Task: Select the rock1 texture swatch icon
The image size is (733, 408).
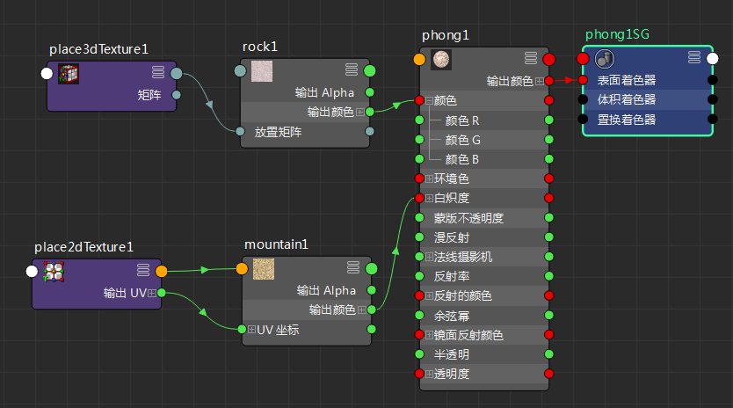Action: coord(262,71)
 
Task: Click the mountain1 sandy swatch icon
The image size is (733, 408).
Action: coord(263,269)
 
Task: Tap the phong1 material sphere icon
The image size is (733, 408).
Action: coord(441,60)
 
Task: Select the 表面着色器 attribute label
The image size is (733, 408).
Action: coord(627,80)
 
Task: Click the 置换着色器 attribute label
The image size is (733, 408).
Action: coord(627,119)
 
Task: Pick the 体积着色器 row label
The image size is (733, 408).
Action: coord(627,99)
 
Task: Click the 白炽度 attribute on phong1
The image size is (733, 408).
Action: coord(452,198)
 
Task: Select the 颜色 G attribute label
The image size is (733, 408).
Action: coord(462,140)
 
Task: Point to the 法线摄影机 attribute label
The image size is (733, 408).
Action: coord(463,257)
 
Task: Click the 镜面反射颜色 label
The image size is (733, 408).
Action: coord(468,335)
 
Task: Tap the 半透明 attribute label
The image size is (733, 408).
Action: coord(452,354)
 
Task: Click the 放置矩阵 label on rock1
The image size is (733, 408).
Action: coord(278,132)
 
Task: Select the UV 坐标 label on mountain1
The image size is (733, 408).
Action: coord(278,330)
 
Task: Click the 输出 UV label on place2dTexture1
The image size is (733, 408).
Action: coord(124,293)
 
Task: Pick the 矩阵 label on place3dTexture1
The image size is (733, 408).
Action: coord(149,94)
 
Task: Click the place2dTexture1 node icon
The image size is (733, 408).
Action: coord(54,272)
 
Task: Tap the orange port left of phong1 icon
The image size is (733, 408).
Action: coord(419,60)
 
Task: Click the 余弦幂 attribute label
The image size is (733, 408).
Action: coord(452,315)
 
